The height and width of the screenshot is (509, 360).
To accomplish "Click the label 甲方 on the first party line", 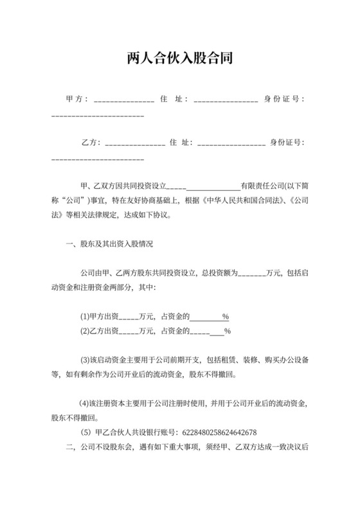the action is click(76, 100).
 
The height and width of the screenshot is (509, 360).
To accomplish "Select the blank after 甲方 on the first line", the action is click(123, 100).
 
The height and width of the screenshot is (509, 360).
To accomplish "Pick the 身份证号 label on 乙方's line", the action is click(287, 143).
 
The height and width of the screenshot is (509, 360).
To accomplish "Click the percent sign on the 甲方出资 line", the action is click(226, 317).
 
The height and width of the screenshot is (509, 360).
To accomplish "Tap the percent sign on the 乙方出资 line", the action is click(227, 332).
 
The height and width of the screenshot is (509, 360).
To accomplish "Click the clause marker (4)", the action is click(84, 404).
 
